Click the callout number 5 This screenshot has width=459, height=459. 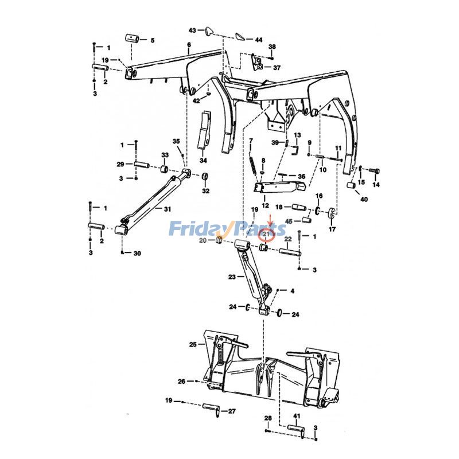(x=152, y=40)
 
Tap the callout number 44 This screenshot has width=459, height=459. (x=259, y=40)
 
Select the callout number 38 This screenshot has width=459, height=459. (x=272, y=46)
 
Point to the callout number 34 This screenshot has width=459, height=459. (x=203, y=160)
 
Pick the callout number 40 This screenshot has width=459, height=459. (x=364, y=199)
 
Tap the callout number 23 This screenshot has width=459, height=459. (x=232, y=277)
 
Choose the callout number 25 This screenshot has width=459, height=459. (x=193, y=344)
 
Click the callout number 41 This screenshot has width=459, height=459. (x=297, y=415)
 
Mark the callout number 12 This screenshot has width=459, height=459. (x=265, y=205)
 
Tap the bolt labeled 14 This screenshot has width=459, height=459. (x=374, y=170)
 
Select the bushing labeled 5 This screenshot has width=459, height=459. (x=136, y=39)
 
